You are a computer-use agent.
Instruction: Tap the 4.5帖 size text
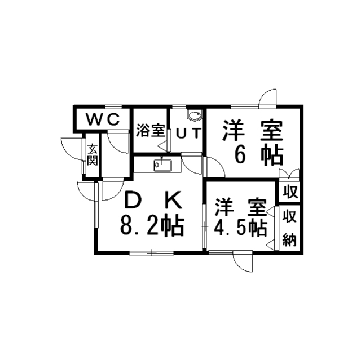[241, 227]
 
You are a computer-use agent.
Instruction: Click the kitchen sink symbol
[162, 165]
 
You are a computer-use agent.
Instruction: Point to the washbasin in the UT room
[195, 116]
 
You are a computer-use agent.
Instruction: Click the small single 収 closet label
[290, 192]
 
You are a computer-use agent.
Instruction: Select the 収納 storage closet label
[290, 228]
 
